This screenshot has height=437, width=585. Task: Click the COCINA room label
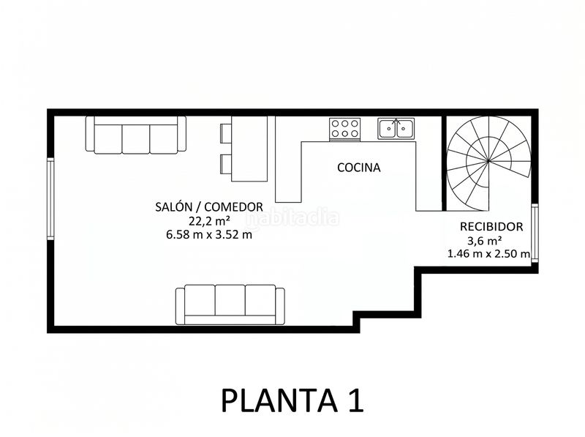pyautogui.click(x=358, y=168)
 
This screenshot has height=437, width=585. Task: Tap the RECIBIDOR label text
pyautogui.click(x=491, y=227)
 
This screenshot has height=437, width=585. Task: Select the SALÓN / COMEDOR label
pyautogui.click(x=209, y=207)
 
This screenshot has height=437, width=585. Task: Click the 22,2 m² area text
pyautogui.click(x=209, y=221)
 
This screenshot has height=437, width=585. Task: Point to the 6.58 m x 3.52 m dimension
pyautogui.click(x=209, y=235)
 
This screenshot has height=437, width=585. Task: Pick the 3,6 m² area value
pyautogui.click(x=484, y=241)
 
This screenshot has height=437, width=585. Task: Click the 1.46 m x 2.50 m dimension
pyautogui.click(x=488, y=254)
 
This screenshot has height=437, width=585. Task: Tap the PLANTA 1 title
pyautogui.click(x=292, y=400)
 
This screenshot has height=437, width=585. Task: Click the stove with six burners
pyautogui.click(x=344, y=129)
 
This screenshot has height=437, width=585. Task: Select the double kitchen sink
pyautogui.click(x=396, y=129)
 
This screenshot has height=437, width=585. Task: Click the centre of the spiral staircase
pyautogui.click(x=488, y=161)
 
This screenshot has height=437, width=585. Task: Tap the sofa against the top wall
pyautogui.click(x=136, y=135)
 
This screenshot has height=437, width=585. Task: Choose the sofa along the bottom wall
pyautogui.click(x=230, y=305)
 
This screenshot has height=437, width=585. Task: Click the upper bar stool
pyautogui.click(x=226, y=133)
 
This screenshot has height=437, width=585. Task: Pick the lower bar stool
pyautogui.click(x=226, y=164)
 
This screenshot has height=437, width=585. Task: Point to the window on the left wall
pyautogui.click(x=50, y=198)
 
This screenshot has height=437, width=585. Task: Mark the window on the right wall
pyautogui.click(x=535, y=233)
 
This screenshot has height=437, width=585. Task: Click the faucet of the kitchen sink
pyautogui.click(x=396, y=122)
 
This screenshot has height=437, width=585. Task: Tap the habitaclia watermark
pyautogui.click(x=292, y=218)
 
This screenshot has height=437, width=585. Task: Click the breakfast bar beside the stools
pyautogui.click(x=249, y=149)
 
